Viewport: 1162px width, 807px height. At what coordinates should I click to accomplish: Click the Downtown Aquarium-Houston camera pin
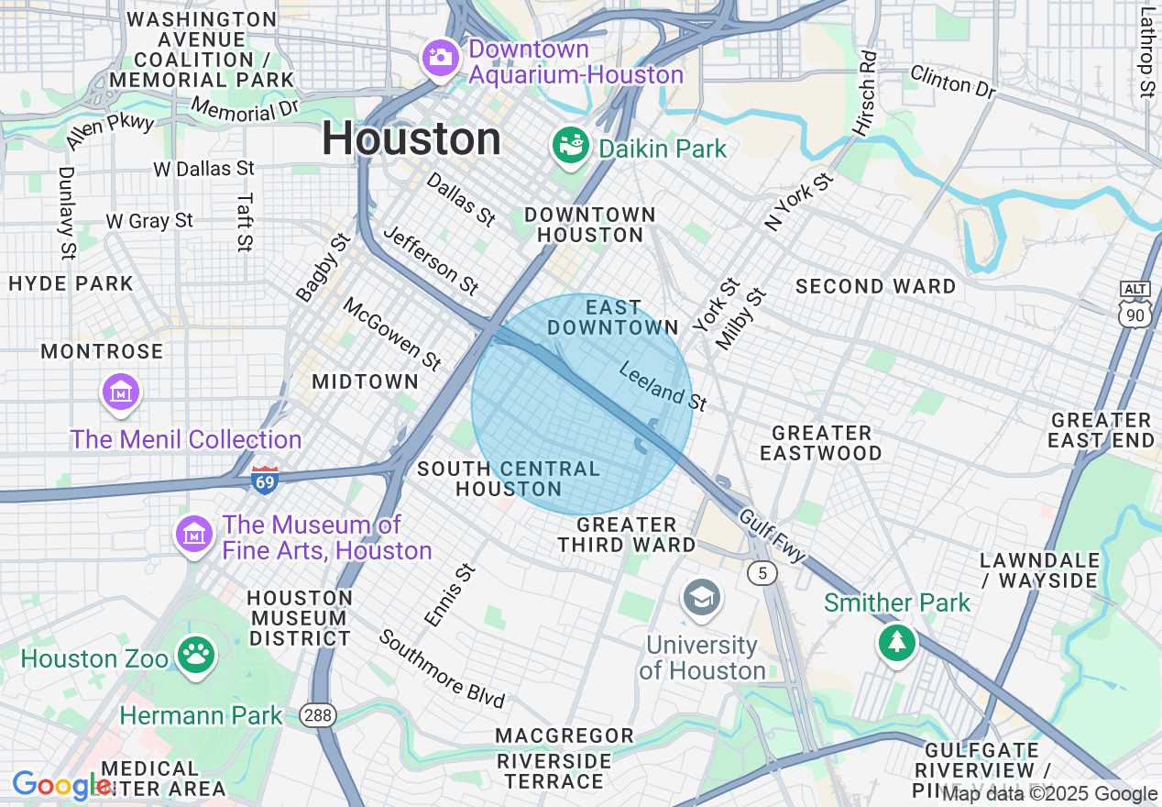(x=440, y=58)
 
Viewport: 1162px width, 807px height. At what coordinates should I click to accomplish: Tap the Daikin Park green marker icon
(x=570, y=147)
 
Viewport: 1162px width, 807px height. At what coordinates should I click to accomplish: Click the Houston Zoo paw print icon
(x=196, y=657)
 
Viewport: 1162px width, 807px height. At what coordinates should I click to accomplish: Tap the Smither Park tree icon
(x=897, y=642)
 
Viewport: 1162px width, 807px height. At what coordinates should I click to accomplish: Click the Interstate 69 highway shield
(x=264, y=480)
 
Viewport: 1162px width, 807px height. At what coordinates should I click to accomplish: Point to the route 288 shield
(x=322, y=714)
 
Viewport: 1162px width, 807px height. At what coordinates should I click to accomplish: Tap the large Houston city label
(x=411, y=139)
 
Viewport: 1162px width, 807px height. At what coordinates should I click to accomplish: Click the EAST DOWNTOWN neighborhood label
(x=613, y=317)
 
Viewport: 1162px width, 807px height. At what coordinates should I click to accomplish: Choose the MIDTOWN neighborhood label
(x=365, y=381)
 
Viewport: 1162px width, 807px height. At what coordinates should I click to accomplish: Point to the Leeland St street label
(x=663, y=386)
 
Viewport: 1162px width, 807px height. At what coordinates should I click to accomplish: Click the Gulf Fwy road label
(x=773, y=536)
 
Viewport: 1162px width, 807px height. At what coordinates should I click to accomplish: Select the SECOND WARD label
(x=875, y=286)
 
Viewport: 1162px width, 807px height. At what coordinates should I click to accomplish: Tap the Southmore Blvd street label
(x=442, y=669)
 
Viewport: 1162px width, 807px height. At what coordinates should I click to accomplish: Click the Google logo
(x=60, y=785)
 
